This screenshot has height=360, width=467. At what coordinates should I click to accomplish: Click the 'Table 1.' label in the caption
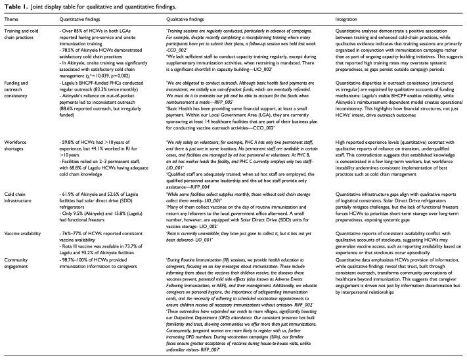[x=14, y=7]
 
